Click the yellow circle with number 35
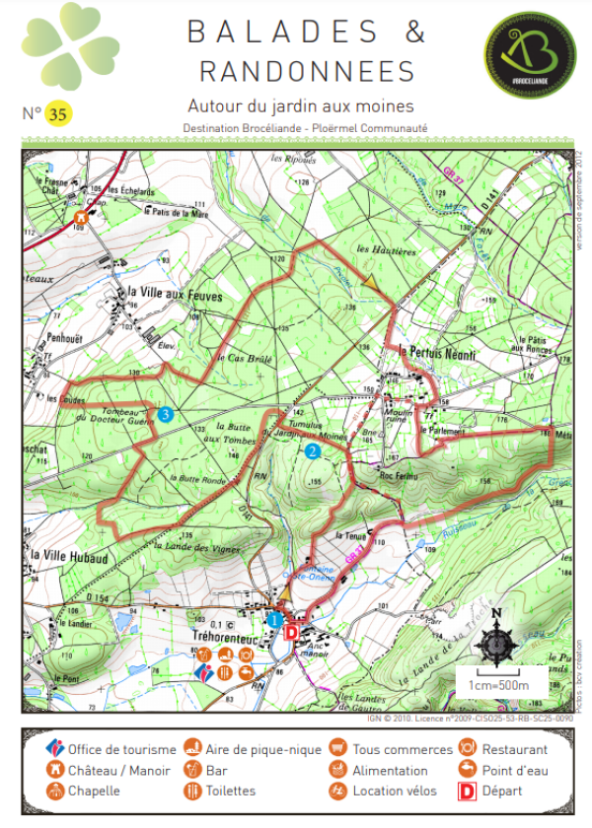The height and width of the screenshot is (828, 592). tap(57, 114)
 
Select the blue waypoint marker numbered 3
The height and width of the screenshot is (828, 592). tap(166, 414)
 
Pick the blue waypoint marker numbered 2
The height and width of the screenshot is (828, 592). tap(313, 451)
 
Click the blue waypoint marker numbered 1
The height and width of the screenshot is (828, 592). tap(275, 619)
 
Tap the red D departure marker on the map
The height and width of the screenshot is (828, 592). tap(291, 631)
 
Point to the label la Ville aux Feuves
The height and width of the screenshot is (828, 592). tap(176, 294)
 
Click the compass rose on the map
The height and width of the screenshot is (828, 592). tap(496, 640)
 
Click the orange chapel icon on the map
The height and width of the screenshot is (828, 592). tap(80, 218)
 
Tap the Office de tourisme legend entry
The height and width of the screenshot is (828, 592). tap(111, 750)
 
